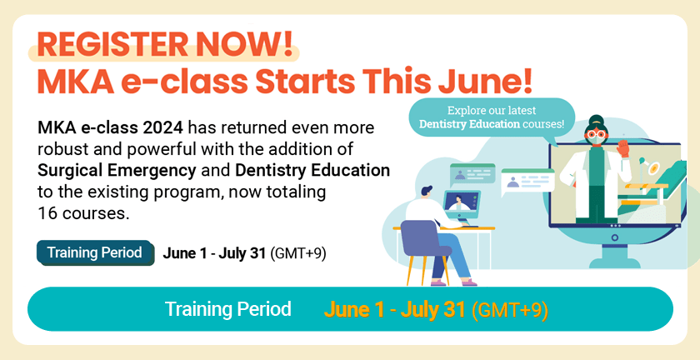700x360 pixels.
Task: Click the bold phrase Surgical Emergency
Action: point(117,171)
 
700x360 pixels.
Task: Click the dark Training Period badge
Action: point(95,252)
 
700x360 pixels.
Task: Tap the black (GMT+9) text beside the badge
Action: point(298,253)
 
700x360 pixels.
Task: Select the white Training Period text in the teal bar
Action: point(227,309)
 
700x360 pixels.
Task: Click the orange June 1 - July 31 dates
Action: point(395,309)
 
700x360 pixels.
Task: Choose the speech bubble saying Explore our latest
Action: point(492,117)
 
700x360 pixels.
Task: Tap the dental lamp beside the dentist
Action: point(647,167)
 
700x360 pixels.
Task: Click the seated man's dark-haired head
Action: point(426,193)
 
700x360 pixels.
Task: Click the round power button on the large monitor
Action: point(615,237)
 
